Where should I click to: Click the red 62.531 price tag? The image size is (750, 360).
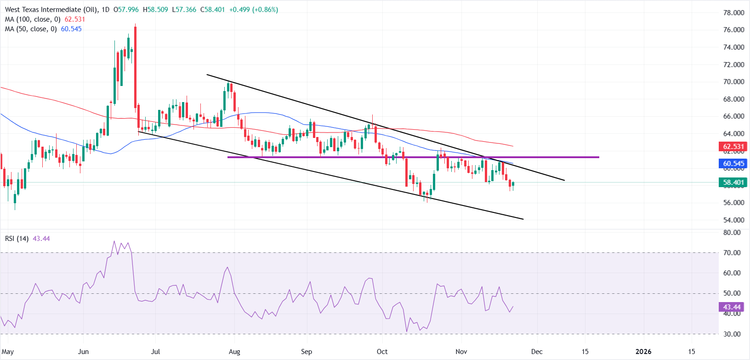[733, 147]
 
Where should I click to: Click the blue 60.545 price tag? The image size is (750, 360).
[733, 164]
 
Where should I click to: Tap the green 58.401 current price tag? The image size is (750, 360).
[733, 183]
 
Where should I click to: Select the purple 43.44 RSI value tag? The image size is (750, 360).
[732, 307]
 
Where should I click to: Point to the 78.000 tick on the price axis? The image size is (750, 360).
[733, 13]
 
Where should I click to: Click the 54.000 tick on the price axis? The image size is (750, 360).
[733, 220]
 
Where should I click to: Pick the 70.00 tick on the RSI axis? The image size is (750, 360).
[732, 253]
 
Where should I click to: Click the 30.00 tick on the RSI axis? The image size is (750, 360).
[732, 334]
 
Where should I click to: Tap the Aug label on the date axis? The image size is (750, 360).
[234, 352]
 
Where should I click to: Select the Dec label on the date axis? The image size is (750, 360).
[536, 352]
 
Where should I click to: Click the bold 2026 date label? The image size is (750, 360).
[643, 352]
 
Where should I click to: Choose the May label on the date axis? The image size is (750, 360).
[8, 352]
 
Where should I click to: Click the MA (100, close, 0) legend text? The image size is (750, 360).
[33, 19]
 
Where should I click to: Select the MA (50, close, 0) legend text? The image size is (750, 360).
[31, 29]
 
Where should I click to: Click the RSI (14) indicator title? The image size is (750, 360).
[17, 239]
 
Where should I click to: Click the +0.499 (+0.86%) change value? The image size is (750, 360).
[253, 10]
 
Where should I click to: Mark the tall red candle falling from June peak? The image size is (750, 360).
[136, 69]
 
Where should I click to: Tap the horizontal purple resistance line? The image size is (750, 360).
[414, 157]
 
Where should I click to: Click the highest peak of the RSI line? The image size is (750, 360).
[114, 241]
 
